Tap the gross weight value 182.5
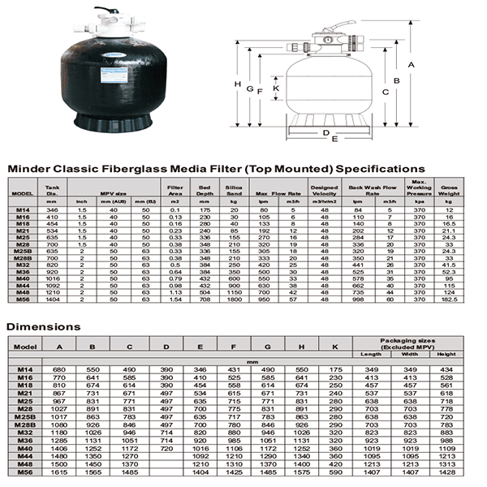pyautogui.click(x=449, y=300)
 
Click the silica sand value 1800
pyautogui.click(x=235, y=300)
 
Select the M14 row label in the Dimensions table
pyautogui.click(x=24, y=369)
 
